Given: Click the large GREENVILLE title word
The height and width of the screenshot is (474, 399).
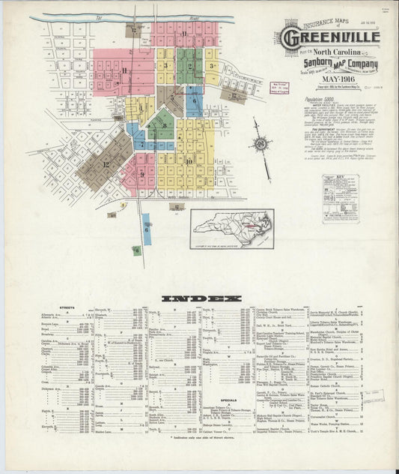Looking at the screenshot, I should pos(331,36).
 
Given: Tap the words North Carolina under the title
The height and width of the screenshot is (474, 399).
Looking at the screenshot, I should pos(329,51).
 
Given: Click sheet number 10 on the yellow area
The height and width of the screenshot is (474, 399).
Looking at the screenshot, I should pos(188,160).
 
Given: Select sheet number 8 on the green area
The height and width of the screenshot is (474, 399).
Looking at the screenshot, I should pos(164,125).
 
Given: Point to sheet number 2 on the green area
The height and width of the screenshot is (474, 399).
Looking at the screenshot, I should pos(190,67).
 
